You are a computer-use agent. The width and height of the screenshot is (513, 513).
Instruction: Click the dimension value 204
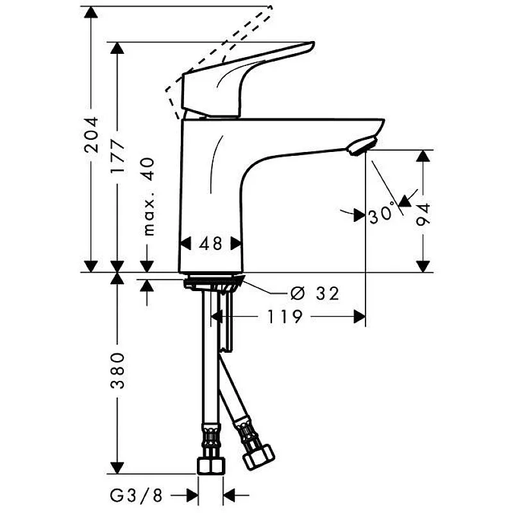tap(93, 134)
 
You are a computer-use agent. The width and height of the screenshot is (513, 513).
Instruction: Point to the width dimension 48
tap(210, 244)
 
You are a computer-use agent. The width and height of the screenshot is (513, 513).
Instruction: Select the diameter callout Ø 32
tap(314, 294)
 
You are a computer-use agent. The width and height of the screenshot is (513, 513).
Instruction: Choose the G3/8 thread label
tap(135, 495)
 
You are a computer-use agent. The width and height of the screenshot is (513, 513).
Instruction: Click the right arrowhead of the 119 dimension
tap(360, 316)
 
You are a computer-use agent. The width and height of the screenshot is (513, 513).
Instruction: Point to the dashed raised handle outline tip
tap(269, 8)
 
